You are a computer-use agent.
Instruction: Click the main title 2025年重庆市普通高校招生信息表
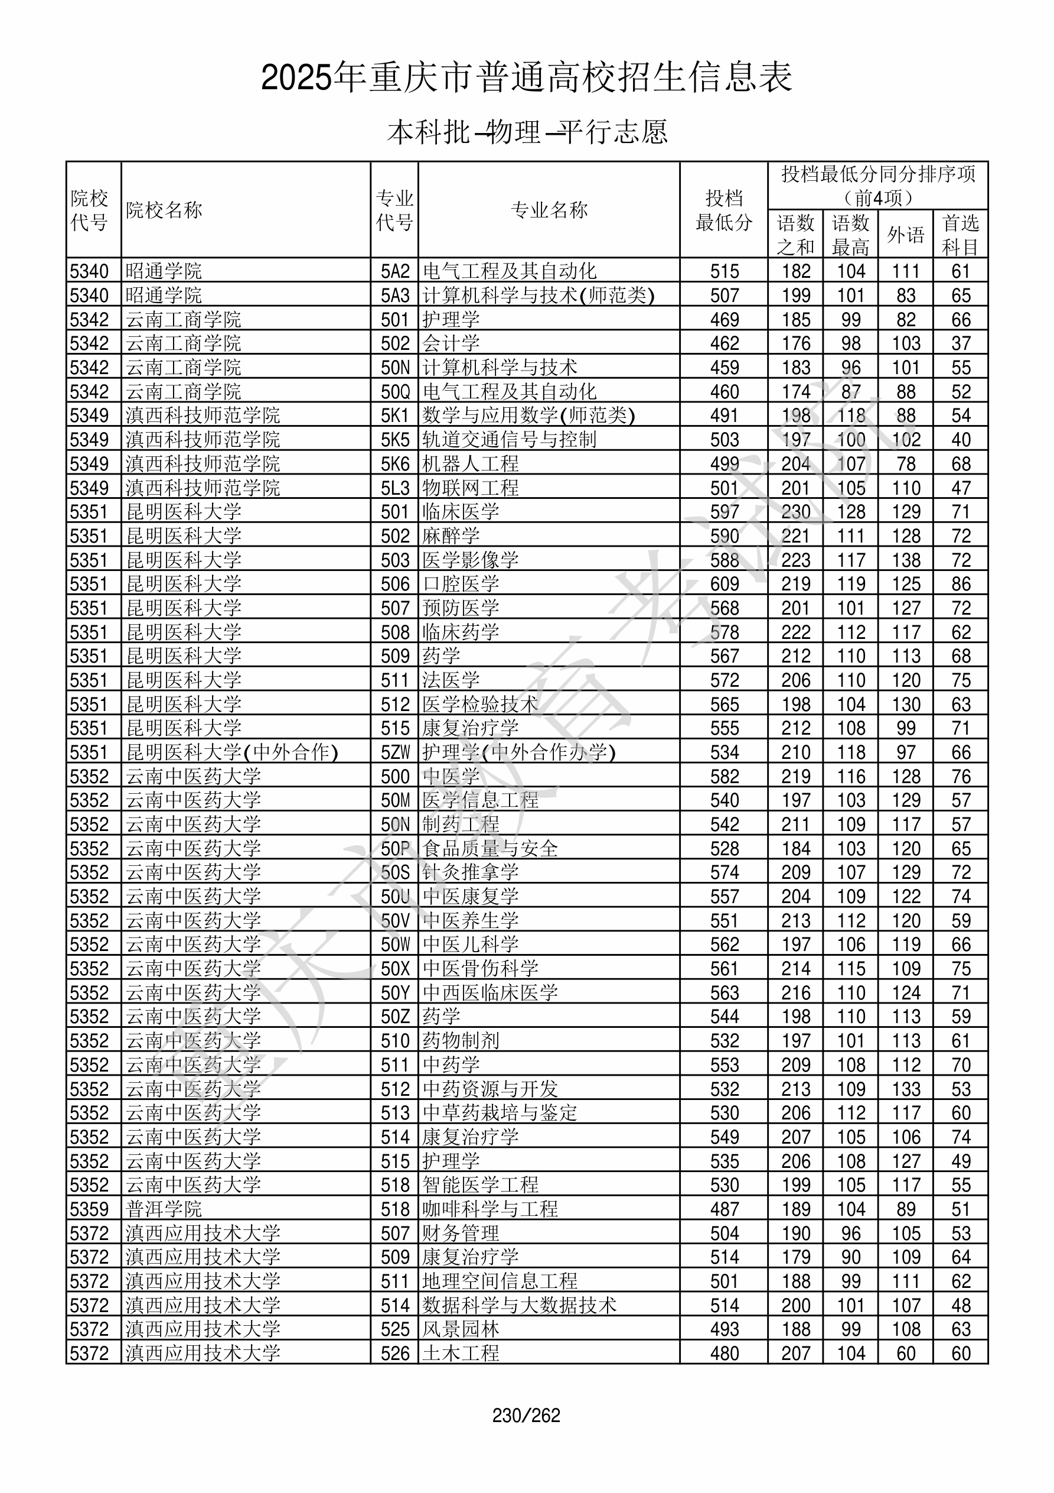pos(526,78)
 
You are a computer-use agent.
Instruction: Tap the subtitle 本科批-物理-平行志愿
pos(527,132)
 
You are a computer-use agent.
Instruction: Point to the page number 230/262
pos(526,1416)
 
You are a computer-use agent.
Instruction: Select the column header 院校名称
pos(164,210)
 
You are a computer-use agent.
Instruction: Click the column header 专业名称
pos(549,210)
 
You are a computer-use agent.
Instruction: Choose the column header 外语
pos(905,235)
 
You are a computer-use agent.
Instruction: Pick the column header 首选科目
pos(961,235)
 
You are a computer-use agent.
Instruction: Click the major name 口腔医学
pos(461,584)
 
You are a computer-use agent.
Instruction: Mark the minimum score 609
pos(724,584)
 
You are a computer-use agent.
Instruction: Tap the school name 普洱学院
pos(164,1209)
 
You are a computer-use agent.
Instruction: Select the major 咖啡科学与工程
pos(490,1209)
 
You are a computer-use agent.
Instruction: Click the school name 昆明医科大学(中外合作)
pos(232,752)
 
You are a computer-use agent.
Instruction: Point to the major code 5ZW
pos(395,752)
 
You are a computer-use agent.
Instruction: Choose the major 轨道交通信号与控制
pos(510,440)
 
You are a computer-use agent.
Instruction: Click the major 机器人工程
pos(471,463)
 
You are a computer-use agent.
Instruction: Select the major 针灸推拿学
pos(471,872)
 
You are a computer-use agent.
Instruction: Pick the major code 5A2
pos(395,271)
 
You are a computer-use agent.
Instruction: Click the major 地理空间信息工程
pos(500,1281)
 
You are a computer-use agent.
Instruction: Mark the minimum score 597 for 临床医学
pos(724,512)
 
